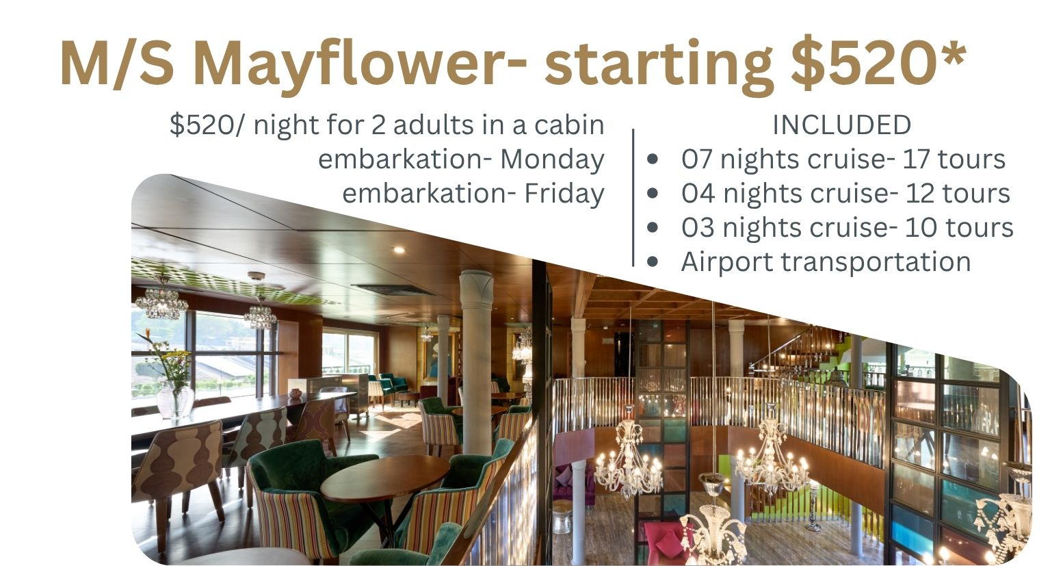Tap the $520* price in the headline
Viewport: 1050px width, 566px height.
tap(878, 62)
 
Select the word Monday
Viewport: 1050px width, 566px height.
tap(552, 160)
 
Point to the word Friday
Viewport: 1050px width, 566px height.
tap(564, 194)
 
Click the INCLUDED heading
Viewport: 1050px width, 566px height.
tap(841, 125)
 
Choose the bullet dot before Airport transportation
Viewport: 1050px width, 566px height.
tap(653, 261)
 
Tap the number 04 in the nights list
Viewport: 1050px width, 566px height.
tap(698, 193)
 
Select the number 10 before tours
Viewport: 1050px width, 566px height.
tap(921, 227)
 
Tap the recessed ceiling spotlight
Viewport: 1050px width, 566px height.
tap(399, 250)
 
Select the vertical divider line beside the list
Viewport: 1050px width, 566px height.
tap(633, 197)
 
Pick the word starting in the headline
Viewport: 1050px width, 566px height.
tap(659, 66)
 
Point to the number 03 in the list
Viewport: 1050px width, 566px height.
tap(698, 227)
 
